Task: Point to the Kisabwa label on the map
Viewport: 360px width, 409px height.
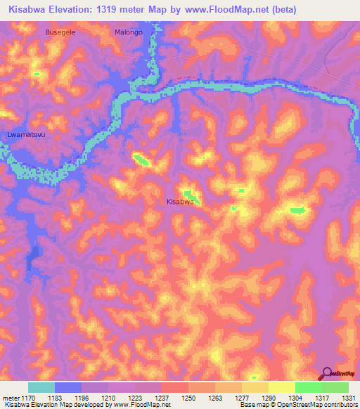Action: pos(179,202)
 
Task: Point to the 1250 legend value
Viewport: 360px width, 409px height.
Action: pos(188,398)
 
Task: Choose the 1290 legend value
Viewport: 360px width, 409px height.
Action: pos(267,398)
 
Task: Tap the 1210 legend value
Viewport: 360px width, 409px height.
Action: pos(108,398)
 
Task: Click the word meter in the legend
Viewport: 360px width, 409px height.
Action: pos(10,398)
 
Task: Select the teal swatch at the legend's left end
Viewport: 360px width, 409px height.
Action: pos(41,387)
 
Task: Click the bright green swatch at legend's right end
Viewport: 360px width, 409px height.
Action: pos(335,387)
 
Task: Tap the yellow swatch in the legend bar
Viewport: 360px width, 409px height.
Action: pos(281,387)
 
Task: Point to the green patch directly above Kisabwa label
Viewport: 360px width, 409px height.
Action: pos(188,193)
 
